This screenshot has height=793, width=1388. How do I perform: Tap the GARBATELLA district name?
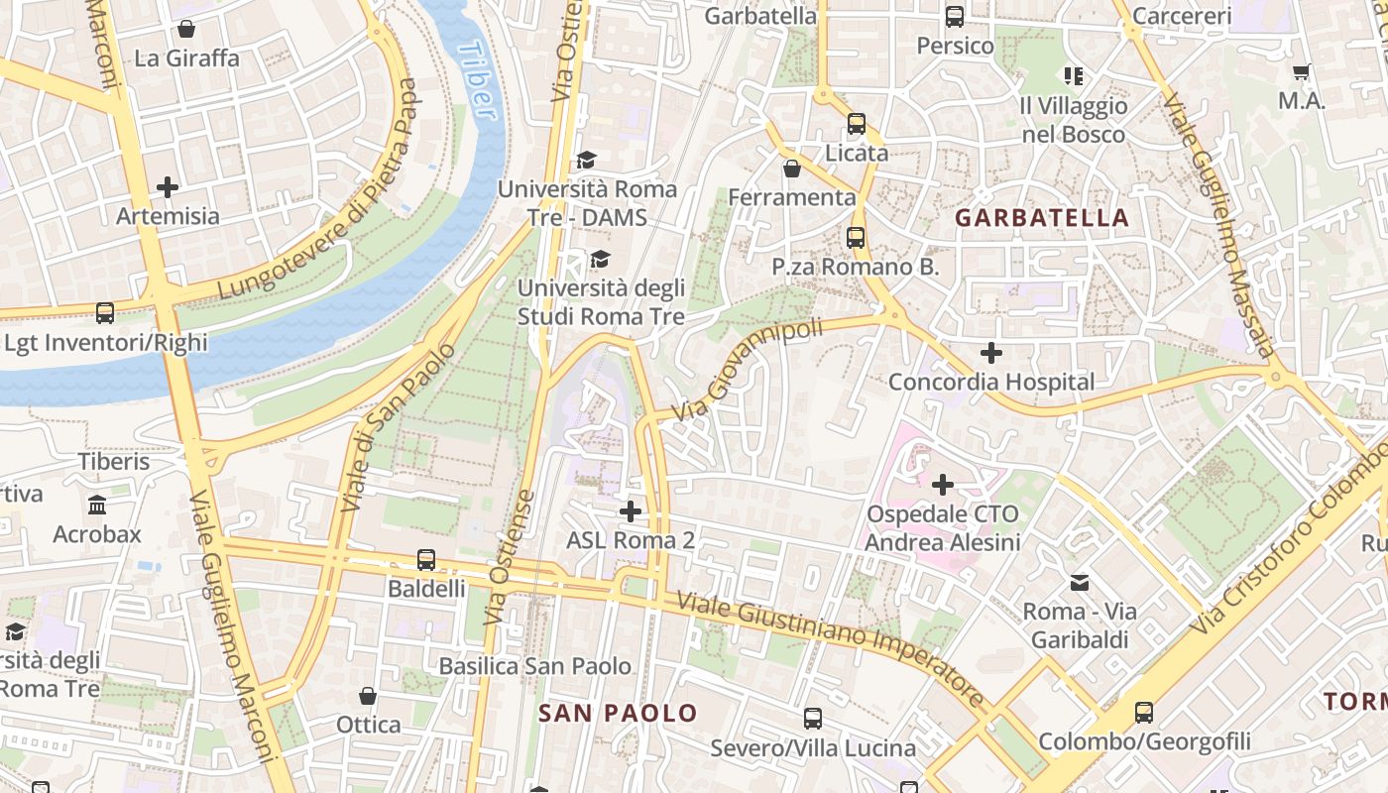tap(1042, 218)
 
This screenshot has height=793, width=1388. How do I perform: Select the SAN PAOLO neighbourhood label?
tap(618, 713)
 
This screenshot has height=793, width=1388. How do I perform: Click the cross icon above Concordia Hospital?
tap(990, 352)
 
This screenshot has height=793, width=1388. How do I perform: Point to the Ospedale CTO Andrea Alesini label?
tap(942, 528)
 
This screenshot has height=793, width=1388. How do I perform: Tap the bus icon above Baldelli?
tap(426, 560)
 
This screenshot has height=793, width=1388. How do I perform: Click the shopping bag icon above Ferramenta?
tap(791, 169)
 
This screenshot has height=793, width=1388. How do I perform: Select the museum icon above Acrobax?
tap(97, 506)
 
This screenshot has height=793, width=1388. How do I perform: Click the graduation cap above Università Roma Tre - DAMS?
tap(587, 161)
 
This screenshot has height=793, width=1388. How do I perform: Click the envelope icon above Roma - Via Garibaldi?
tap(1079, 583)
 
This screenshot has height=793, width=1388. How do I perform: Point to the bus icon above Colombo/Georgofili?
tap(1143, 712)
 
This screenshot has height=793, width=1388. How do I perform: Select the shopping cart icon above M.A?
tap(1301, 71)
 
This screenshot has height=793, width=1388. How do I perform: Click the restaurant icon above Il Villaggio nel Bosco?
tap(1073, 75)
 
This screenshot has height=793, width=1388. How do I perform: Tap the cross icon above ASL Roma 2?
tap(630, 511)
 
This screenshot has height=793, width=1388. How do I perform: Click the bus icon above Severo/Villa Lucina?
tap(812, 719)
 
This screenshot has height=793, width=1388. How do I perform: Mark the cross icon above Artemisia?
tap(168, 186)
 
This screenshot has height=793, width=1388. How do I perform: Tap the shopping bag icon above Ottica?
tap(368, 696)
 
